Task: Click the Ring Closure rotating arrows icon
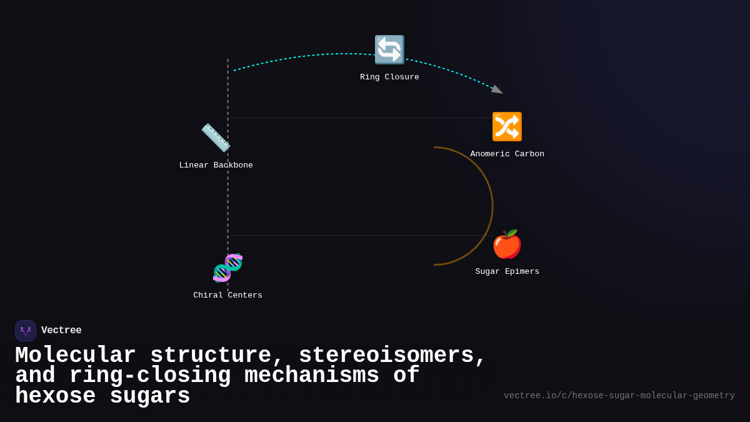(389, 49)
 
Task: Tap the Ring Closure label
(389, 78)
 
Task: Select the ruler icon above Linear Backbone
(216, 138)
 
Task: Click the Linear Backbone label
(216, 166)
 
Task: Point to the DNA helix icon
(227, 268)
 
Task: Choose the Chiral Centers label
(227, 296)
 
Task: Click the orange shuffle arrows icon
(507, 127)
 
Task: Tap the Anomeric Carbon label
(507, 154)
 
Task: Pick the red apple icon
(507, 244)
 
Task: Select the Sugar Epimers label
(507, 272)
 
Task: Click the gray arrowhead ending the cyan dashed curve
(497, 90)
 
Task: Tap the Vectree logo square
(26, 331)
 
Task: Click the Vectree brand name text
(61, 331)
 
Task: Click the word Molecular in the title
(75, 356)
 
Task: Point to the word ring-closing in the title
(150, 376)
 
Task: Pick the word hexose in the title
(55, 396)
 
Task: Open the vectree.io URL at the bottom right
(619, 396)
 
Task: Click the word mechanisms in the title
(312, 376)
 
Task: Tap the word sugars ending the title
(150, 396)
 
